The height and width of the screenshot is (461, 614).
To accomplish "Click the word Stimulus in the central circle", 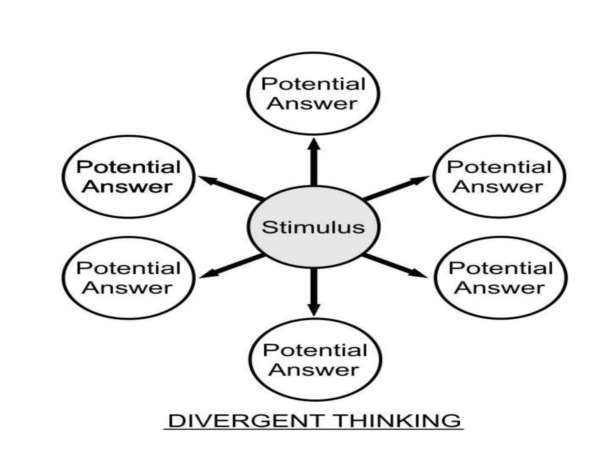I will pos(313,227).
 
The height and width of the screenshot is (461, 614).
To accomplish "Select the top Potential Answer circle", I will pos(313,93).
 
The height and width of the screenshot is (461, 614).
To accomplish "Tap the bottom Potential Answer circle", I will pos(315,360).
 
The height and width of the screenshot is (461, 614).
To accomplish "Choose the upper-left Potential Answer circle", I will pos(128,177).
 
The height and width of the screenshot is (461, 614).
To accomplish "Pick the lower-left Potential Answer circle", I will pos(128,278).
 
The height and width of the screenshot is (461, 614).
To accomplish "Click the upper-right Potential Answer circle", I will pos(499,177).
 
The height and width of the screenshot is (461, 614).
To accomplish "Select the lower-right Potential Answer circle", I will pos(500,278).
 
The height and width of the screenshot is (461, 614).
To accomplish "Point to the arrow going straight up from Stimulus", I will pos(314,164).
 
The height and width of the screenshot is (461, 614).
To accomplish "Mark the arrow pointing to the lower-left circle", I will pos(231,266).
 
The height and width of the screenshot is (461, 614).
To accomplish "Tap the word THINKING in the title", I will pos(397,421).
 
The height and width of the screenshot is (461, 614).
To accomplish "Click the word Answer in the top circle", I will pos(312,104).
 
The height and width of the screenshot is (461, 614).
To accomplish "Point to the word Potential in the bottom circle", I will pos(315,350).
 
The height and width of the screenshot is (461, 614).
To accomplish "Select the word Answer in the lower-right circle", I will pos(499,288).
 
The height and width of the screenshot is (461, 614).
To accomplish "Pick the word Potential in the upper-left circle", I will pos(128,167).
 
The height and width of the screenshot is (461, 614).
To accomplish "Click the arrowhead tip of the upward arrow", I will pos(314,140).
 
